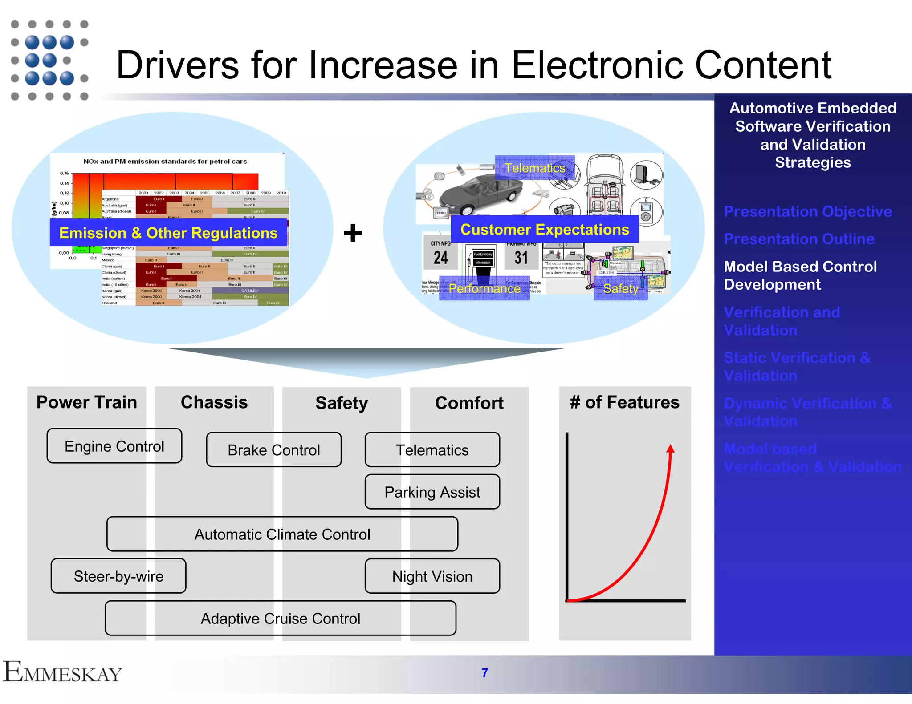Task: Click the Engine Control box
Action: [114, 446]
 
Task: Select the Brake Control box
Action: [274, 450]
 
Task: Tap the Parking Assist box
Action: [432, 492]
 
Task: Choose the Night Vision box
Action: [432, 576]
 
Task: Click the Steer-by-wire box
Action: [118, 576]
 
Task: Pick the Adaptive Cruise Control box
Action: [280, 619]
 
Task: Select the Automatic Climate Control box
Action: [282, 534]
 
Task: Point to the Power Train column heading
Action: [87, 402]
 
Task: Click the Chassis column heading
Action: [214, 402]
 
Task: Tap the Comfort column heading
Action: [469, 403]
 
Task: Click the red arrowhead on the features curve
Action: [671, 449]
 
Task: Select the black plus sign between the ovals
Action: [353, 233]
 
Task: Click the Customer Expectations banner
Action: [545, 230]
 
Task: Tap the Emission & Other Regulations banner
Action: [168, 233]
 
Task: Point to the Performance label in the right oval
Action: [484, 289]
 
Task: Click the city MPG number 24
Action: [441, 258]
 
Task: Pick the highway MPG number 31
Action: [521, 258]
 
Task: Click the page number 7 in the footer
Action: [485, 673]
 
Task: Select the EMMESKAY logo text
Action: [62, 672]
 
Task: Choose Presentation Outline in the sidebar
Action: [799, 239]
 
